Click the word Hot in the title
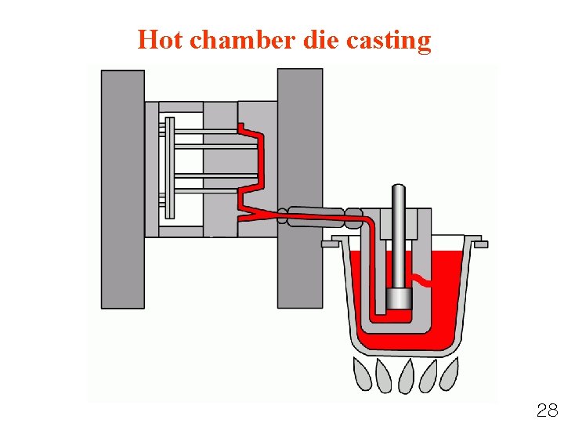[x=161, y=39]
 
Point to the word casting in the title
[x=392, y=41]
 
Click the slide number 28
[x=547, y=410]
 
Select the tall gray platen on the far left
[x=123, y=188]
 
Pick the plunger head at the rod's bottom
[x=399, y=298]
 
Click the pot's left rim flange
[x=330, y=244]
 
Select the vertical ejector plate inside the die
[x=168, y=168]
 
